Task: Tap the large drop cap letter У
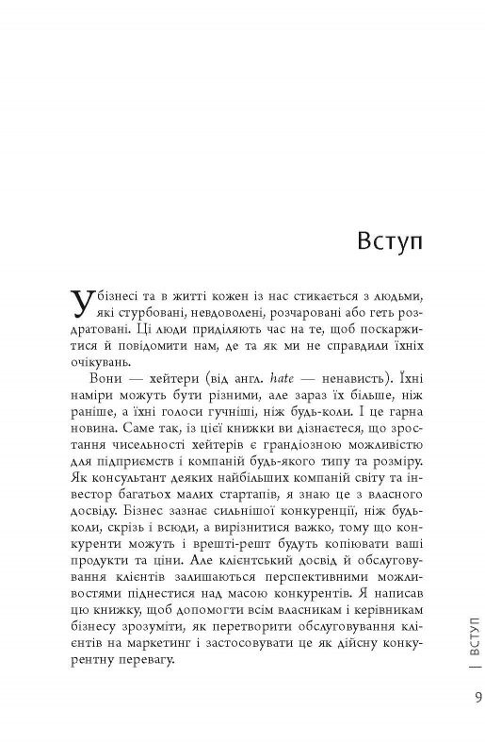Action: (83, 302)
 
